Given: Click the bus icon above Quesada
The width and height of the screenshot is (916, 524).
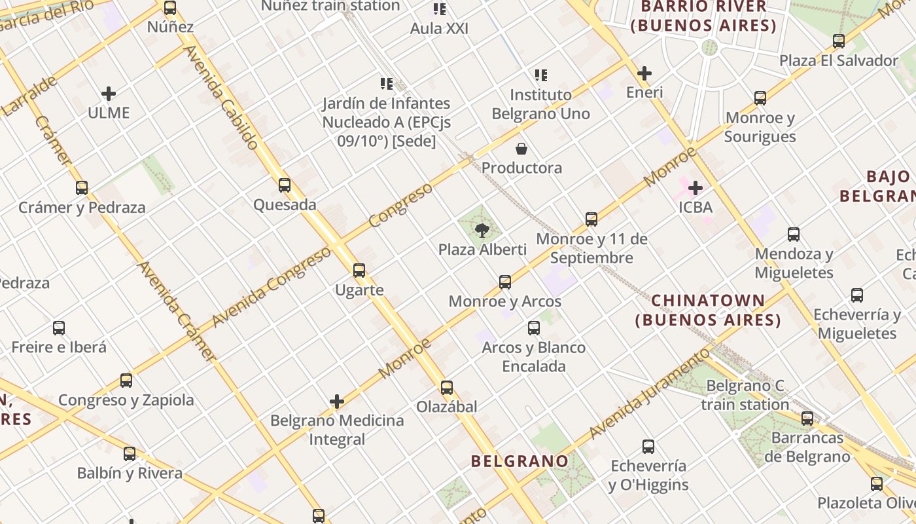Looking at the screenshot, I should (x=284, y=185).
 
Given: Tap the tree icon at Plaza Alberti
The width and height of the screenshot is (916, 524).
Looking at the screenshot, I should (x=482, y=230).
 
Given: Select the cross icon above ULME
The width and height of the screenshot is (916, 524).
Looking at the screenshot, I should (x=109, y=94).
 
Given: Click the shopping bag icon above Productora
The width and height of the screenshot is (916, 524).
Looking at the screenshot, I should (x=521, y=149).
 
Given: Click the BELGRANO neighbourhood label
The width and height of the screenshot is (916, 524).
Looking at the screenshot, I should (x=520, y=461).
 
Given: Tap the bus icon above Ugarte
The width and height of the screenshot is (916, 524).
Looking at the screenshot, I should (x=359, y=270).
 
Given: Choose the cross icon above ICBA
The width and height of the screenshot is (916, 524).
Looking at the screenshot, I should (x=695, y=189).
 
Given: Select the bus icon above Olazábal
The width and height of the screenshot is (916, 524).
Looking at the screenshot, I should (x=447, y=387).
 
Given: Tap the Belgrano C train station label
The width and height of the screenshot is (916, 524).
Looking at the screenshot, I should (x=745, y=395).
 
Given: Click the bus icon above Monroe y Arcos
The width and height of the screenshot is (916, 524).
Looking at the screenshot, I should (x=505, y=282).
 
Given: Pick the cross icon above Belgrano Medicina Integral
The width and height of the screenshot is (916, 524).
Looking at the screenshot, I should (x=337, y=402).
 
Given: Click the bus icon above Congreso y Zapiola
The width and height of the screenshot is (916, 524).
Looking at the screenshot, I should (x=126, y=381).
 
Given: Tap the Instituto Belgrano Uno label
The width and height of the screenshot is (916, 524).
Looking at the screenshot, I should (x=540, y=104).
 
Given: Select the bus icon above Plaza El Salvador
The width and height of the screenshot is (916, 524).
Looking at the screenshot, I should (x=839, y=41).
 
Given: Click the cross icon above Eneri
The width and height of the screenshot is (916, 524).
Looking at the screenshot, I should (x=644, y=73).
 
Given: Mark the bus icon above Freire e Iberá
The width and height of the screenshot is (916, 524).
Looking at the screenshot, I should (x=59, y=327).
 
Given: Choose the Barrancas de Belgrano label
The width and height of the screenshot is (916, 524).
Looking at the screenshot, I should (x=807, y=447).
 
